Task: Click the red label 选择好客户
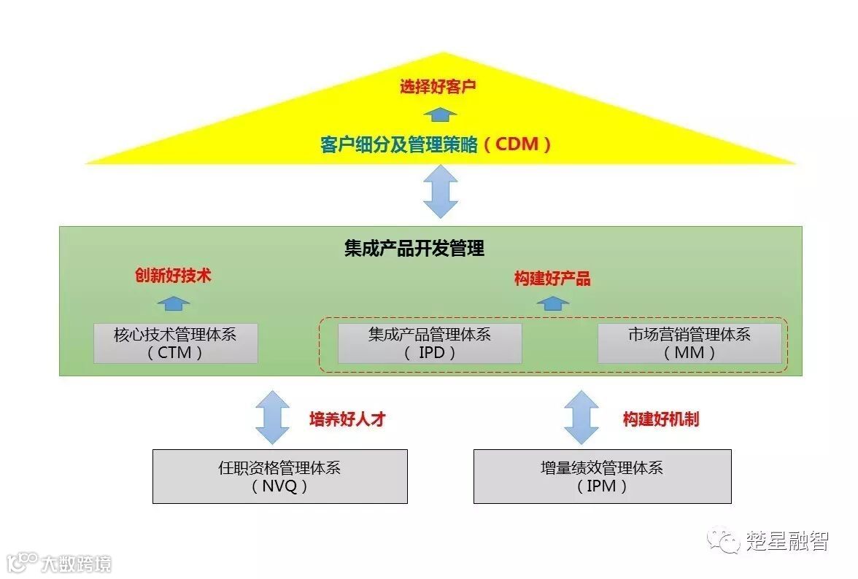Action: [437, 88]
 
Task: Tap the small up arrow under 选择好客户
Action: [440, 114]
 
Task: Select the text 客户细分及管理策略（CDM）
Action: [436, 144]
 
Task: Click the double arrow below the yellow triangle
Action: [440, 191]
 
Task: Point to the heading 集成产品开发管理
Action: [414, 249]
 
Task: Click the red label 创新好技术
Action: [173, 275]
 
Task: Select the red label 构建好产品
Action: [552, 279]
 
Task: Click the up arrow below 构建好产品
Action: [552, 303]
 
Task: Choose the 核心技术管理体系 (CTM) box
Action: [175, 343]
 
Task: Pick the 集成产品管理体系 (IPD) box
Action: [429, 343]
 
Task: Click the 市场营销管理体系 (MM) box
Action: [689, 343]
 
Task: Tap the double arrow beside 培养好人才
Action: [272, 417]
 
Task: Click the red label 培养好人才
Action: [347, 419]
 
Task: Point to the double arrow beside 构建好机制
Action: [581, 417]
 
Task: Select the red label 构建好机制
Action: [661, 419]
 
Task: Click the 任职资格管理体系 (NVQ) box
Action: [279, 476]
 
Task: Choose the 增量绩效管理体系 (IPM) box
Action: [602, 476]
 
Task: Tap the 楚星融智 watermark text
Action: [787, 541]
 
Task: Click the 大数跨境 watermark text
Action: [75, 563]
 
